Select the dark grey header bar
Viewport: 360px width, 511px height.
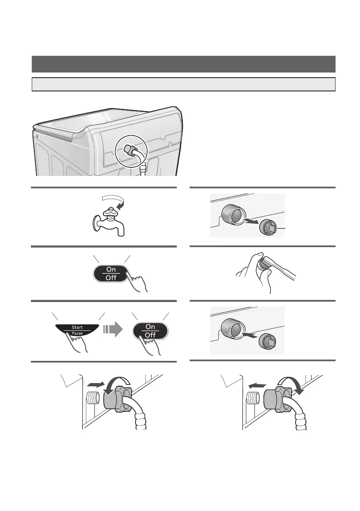(x=183, y=64)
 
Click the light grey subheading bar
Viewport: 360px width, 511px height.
(x=183, y=84)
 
